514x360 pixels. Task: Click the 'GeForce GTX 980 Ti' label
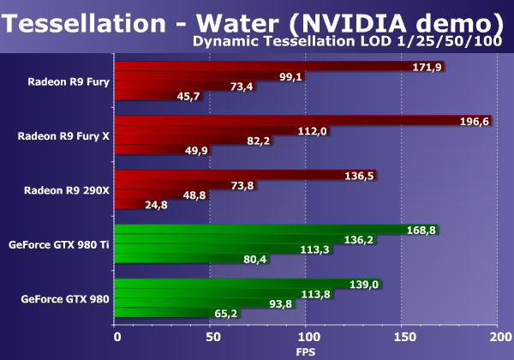coord(58,245)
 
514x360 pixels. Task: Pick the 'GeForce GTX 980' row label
coord(64,299)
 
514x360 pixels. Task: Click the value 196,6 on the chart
coord(474,121)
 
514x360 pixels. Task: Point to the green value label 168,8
coord(420,229)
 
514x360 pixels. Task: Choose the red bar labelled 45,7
coord(141,95)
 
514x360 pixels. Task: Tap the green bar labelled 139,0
coord(231,283)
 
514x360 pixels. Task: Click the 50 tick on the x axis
coord(211,338)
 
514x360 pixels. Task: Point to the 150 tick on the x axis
coord(402,338)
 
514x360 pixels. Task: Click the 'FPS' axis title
coord(306,351)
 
